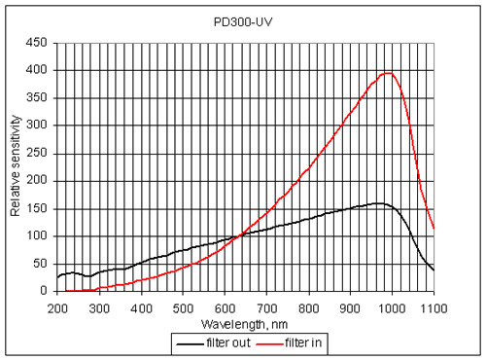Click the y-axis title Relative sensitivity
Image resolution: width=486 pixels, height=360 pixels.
point(16,166)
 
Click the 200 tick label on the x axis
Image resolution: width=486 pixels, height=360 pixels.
point(57,307)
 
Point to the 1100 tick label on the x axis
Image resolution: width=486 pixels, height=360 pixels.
point(433,307)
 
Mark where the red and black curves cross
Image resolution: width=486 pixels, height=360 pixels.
point(237,235)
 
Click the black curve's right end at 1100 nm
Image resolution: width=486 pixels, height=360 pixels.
point(434,270)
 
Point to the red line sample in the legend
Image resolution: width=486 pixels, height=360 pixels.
point(268,342)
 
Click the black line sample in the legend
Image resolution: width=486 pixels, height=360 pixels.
point(189,342)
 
